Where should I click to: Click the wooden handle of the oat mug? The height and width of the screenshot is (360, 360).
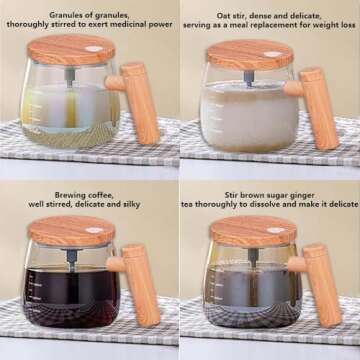(319, 104)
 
